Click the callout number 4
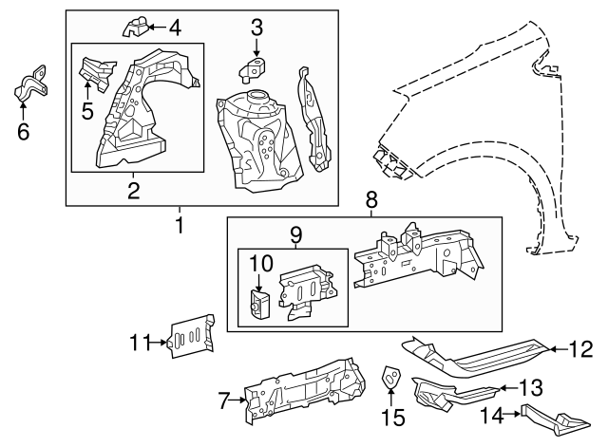click(174, 28)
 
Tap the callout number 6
click(24, 131)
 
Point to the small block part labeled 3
click(254, 67)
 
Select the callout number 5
click(86, 110)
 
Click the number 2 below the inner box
click(134, 190)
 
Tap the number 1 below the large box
click(179, 225)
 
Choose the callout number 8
click(371, 200)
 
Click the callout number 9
click(295, 233)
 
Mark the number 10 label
click(260, 263)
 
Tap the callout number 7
click(225, 401)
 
